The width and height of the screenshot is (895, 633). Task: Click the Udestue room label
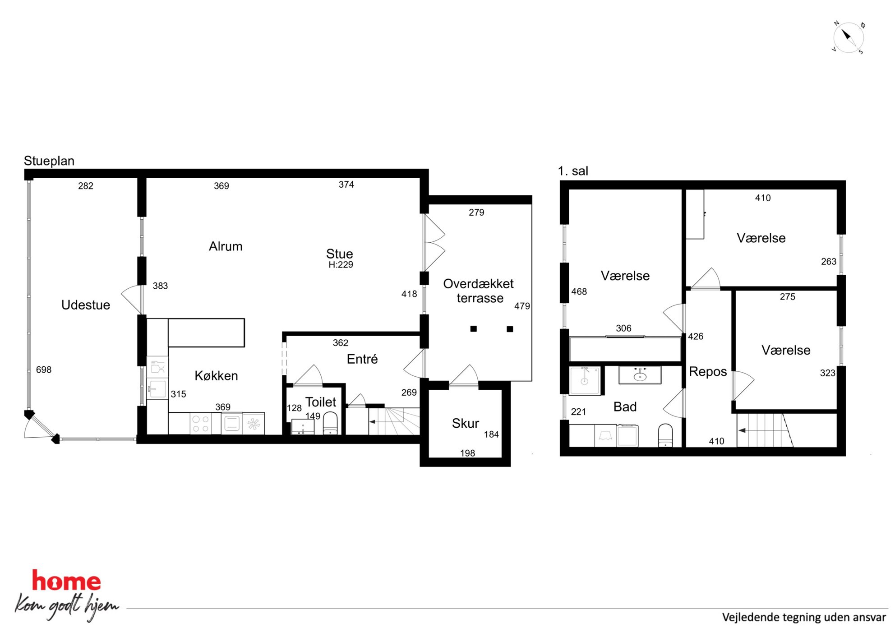[x=86, y=305]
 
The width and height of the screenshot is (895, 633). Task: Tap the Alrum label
[x=226, y=246]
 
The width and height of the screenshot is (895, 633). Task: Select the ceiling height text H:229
[x=341, y=265]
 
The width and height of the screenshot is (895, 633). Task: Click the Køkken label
[x=216, y=376]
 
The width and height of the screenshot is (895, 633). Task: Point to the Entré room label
[x=362, y=359]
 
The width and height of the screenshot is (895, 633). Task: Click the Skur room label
[x=466, y=423]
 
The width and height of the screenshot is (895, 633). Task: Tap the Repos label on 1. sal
[x=708, y=372]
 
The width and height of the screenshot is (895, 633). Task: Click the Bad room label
[x=625, y=407]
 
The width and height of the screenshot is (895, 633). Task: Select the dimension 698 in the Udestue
[x=44, y=370]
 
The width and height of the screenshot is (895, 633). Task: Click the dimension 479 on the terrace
[x=522, y=306]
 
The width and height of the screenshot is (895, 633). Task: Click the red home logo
[x=66, y=581]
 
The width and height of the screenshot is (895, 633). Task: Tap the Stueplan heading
[x=49, y=161]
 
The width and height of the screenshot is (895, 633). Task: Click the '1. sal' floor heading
[x=573, y=171]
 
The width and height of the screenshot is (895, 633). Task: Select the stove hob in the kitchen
[x=201, y=424]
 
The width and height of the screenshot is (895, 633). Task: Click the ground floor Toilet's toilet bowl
[x=330, y=423]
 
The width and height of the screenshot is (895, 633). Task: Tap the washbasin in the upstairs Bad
[x=640, y=375]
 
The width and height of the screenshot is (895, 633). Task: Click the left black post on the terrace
[x=474, y=329]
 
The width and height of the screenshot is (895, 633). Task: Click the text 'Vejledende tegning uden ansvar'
[x=804, y=617]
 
